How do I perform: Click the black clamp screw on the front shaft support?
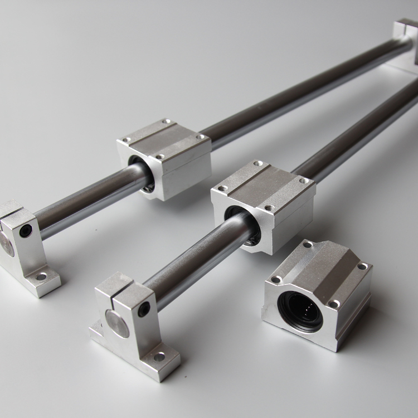coord(144,308)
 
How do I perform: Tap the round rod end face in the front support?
coord(118,323)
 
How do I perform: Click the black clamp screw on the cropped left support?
coord(26,230)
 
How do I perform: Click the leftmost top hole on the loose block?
coord(275,279)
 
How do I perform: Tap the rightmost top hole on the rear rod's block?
coord(200,136)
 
